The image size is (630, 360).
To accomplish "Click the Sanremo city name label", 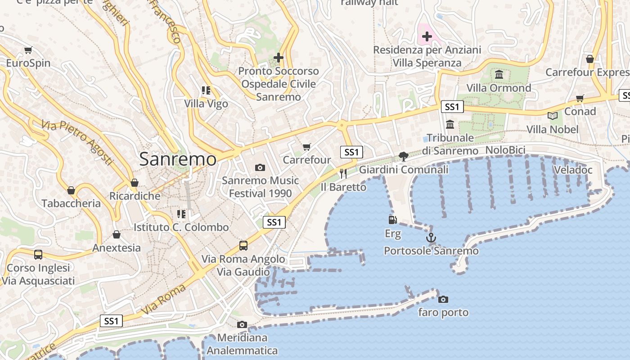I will pos(178,159).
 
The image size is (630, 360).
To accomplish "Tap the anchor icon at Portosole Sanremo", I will pos(431,237).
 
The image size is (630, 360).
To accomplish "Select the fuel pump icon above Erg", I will pos(392,220).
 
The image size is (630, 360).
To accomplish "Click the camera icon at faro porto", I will pos(443,299).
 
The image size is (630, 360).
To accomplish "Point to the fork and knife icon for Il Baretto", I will pos(343,173).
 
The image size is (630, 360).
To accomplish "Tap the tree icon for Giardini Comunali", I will pos(404,156).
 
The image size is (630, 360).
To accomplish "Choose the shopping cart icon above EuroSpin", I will pos(28,50).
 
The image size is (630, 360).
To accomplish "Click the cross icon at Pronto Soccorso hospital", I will pos(279,58).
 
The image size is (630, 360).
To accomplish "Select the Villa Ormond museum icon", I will pos(499,74).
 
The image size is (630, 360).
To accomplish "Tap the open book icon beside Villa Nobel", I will pos(553,116).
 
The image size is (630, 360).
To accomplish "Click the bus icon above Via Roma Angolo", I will pos(243,245).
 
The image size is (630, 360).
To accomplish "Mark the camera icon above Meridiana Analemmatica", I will pos(242,324).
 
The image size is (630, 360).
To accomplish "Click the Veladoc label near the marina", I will pos(573,170).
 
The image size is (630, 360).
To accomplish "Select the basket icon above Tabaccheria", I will pos(71,190).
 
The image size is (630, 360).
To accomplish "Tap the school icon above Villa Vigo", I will pos(206,90).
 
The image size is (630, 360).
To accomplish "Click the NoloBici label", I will pos(505,150).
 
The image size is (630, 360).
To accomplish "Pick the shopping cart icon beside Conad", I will pos(580,98).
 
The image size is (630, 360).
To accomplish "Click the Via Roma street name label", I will pos(164,299).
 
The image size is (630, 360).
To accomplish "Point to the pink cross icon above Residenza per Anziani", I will pos(427,36).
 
